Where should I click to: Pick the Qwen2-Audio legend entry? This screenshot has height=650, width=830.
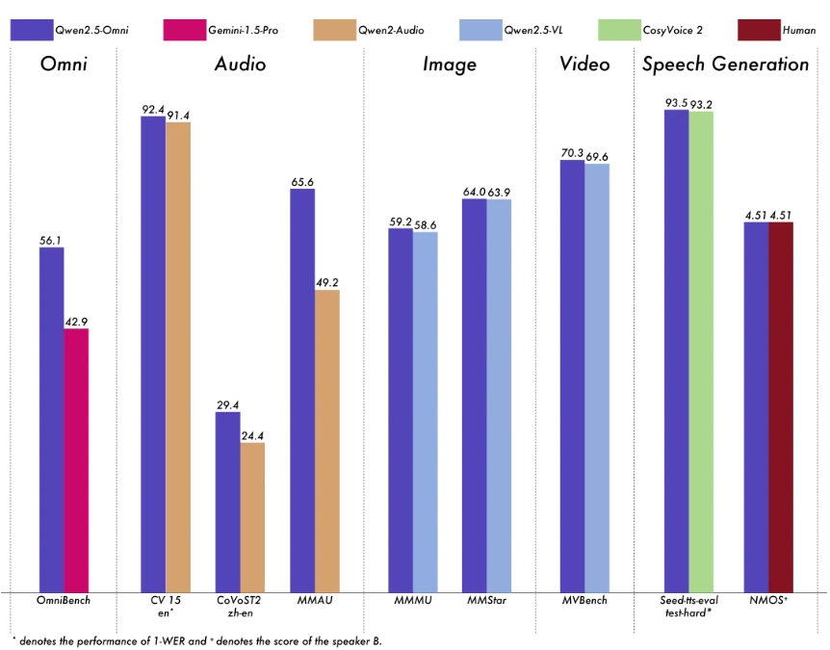pyautogui.click(x=368, y=30)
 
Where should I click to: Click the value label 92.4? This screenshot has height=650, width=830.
pyautogui.click(x=154, y=110)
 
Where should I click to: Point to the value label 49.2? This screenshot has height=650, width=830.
pyautogui.click(x=328, y=283)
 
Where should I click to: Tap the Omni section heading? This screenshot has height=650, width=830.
pyautogui.click(x=64, y=65)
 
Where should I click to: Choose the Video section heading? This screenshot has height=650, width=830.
pyautogui.click(x=584, y=65)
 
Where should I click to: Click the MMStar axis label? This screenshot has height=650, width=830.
pyautogui.click(x=486, y=601)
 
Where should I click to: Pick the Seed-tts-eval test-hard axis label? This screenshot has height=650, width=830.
pyautogui.click(x=688, y=606)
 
